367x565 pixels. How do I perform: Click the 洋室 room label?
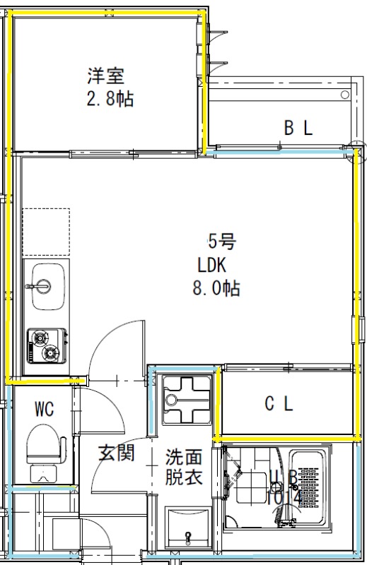(x=105, y=73)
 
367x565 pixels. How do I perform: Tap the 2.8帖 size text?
(x=110, y=98)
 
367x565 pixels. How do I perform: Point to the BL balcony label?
(x=298, y=128)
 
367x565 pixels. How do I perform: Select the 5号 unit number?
(x=221, y=242)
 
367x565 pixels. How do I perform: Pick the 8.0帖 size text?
(x=216, y=287)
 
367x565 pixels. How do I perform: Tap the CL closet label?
(x=279, y=404)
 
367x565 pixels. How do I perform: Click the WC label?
(x=44, y=408)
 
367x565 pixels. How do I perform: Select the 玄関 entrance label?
(x=115, y=453)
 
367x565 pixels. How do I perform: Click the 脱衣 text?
(x=184, y=477)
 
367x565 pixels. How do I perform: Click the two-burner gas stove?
(x=47, y=345)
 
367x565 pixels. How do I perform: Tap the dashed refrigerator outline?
(x=46, y=232)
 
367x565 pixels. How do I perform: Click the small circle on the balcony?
(x=344, y=95)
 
